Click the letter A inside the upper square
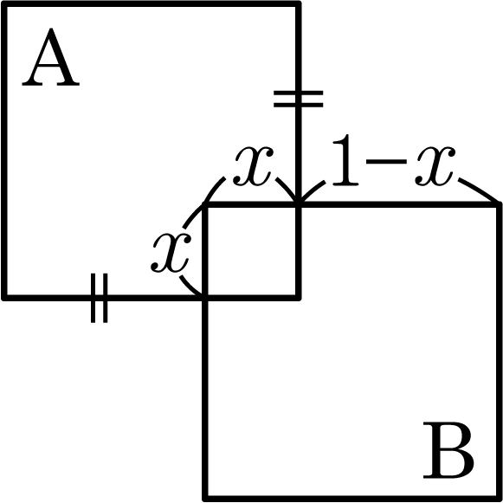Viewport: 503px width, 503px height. coord(51,57)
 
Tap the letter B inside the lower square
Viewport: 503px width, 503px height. coord(448,450)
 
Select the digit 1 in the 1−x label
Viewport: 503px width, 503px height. coord(345,160)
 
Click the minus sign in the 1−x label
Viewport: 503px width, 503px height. coord(386,162)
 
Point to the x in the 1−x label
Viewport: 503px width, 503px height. coord(435,166)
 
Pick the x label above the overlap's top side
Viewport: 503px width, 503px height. coord(254,166)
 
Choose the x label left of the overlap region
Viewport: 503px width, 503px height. coord(171,253)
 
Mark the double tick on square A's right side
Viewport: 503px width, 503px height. coord(299,99)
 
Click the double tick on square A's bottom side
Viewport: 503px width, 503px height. coord(99,298)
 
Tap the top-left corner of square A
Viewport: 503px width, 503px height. coord(4,3)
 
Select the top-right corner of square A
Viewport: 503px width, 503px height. coord(299,3)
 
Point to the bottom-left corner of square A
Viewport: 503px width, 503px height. coord(4,298)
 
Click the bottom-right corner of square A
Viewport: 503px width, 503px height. coord(299,298)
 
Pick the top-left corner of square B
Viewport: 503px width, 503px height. coord(205,204)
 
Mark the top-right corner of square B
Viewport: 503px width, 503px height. coord(500,204)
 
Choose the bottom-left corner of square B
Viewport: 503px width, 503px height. coord(205,499)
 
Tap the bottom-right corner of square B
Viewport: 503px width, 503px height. coord(500,499)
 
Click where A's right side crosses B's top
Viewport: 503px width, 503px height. coord(299,204)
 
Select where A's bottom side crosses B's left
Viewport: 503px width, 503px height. coord(205,298)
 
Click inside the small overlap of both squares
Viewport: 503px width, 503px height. coord(252,251)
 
